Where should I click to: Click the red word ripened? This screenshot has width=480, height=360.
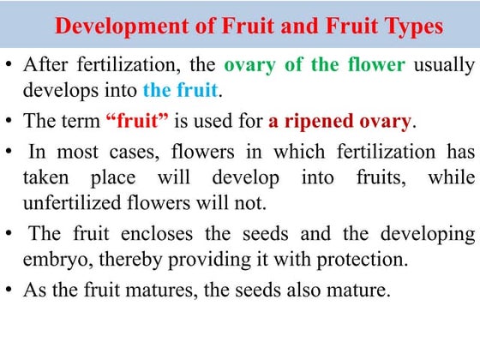click(x=322, y=121)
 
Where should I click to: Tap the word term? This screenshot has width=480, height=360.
click(x=80, y=121)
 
